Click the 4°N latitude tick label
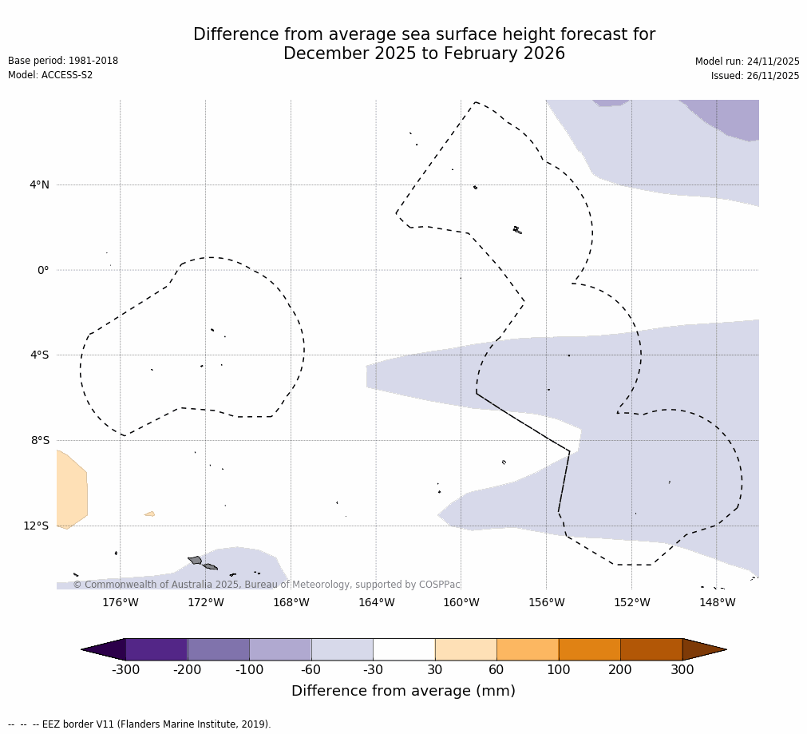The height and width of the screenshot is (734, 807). point(39,185)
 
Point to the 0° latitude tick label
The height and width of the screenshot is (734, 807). point(43,270)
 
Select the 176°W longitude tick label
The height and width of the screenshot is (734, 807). point(121,602)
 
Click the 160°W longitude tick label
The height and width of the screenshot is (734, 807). point(461,602)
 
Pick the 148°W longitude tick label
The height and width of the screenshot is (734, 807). point(717,602)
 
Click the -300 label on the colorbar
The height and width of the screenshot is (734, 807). point(125,669)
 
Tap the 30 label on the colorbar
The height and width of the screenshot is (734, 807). point(435,669)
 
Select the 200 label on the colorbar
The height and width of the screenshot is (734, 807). point(620,669)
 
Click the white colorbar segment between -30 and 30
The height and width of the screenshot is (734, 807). point(404,649)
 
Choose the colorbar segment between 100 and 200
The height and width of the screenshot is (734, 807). point(589,649)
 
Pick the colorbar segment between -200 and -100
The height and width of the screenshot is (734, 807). point(218,649)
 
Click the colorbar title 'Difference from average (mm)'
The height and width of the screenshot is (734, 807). point(403,691)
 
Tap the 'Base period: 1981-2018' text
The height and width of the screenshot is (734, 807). point(63,61)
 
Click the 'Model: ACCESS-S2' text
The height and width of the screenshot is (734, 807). point(50,75)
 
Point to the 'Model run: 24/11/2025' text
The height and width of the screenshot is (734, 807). point(747,61)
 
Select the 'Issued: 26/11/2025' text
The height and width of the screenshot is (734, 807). point(755,76)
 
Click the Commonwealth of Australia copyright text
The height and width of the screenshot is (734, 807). point(267,585)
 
